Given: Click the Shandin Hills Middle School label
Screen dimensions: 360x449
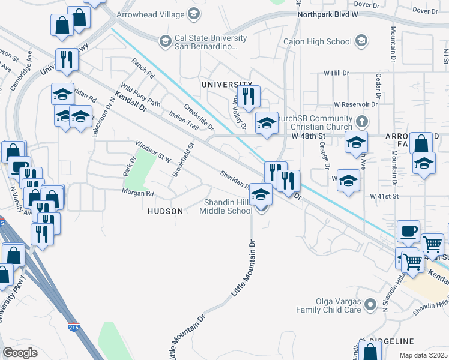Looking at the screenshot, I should pyautogui.click(x=226, y=206).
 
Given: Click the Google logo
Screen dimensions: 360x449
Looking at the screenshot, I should pyautogui.click(x=20, y=353).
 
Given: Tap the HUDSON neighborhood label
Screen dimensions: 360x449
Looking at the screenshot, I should pyautogui.click(x=166, y=211).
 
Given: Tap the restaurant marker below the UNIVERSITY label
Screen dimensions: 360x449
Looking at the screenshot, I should pyautogui.click(x=247, y=95).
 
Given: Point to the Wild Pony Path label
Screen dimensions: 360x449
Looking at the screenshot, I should pyautogui.click(x=140, y=95).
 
